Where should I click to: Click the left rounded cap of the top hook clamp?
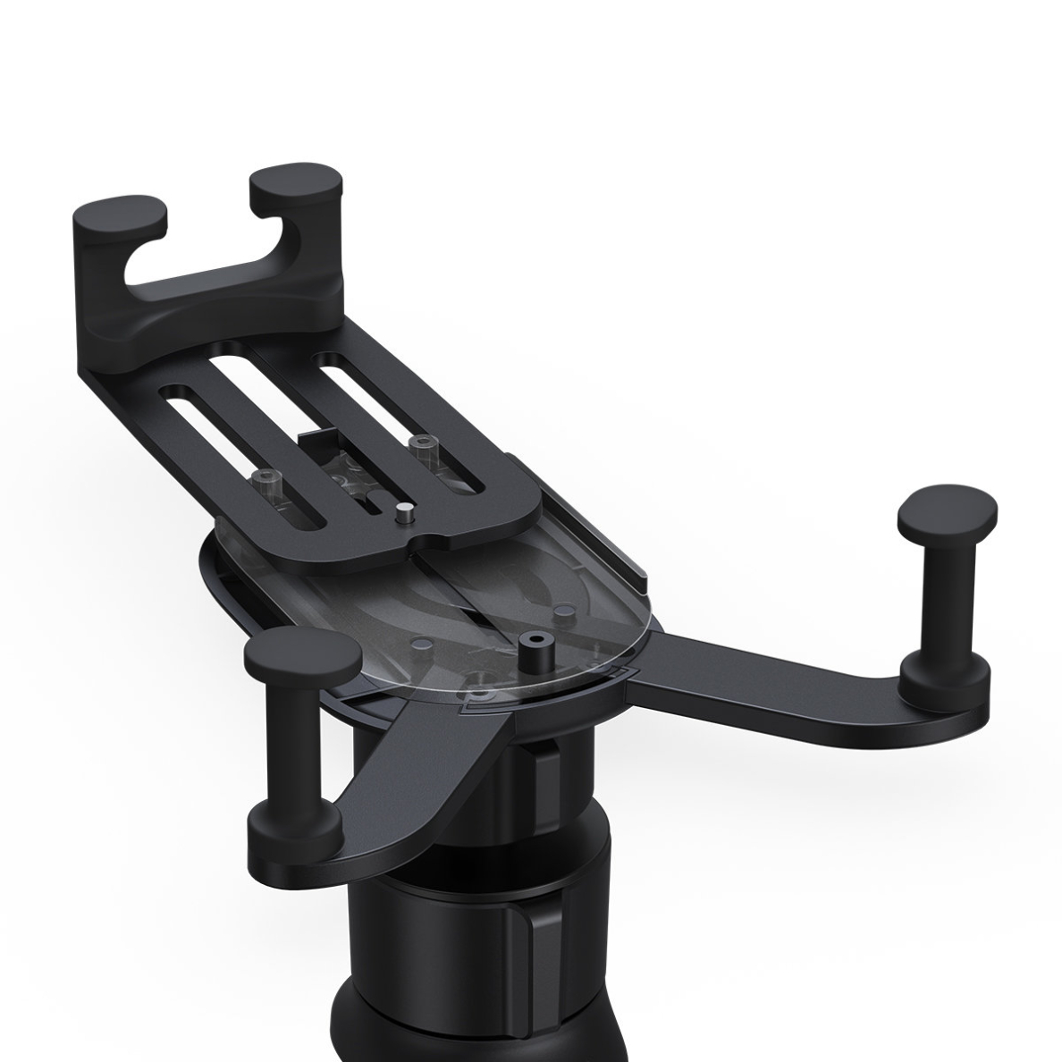(x=119, y=214)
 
